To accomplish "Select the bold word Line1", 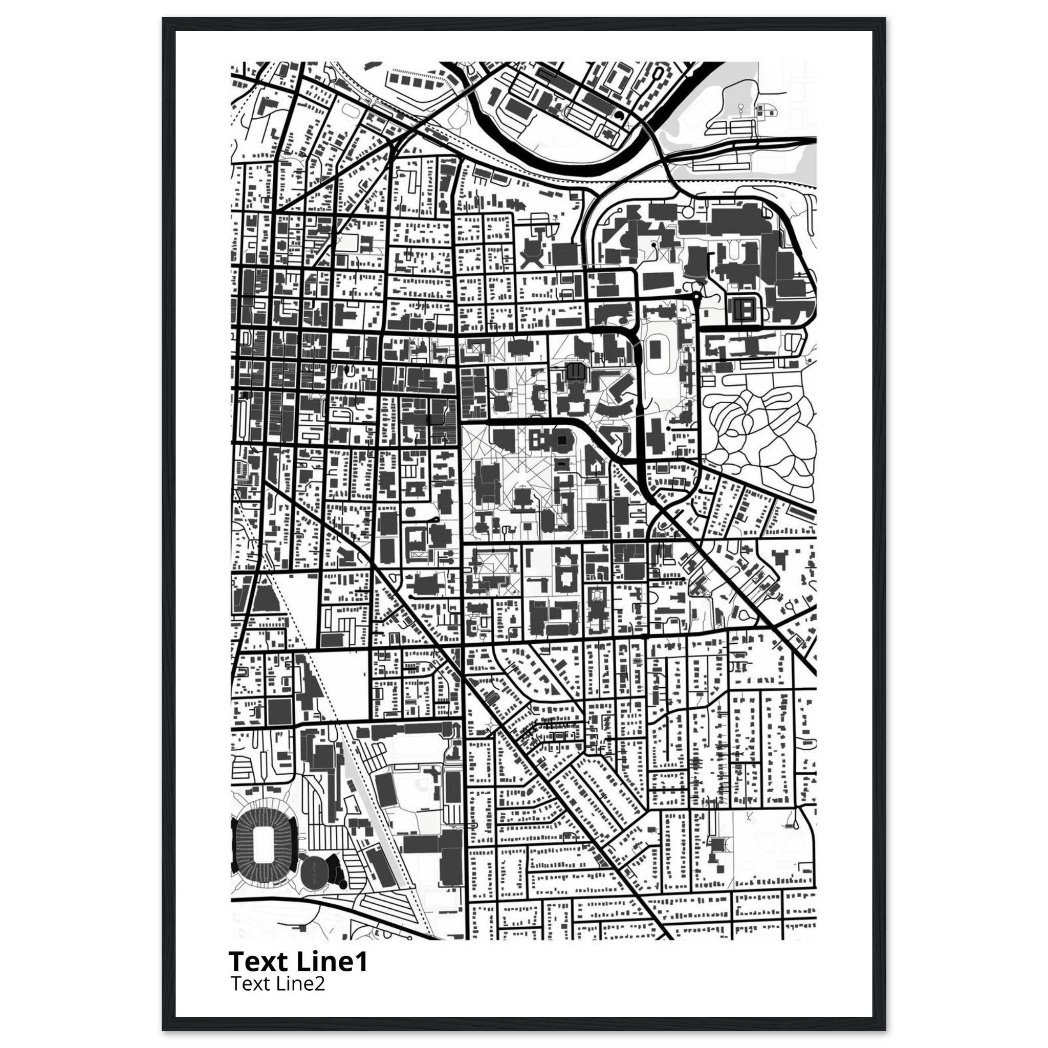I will point(333,961).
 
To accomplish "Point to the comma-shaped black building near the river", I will point(619,116).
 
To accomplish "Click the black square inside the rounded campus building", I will point(562,439).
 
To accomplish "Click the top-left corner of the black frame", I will point(163,18).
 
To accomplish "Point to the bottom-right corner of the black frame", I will point(885,1030).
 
